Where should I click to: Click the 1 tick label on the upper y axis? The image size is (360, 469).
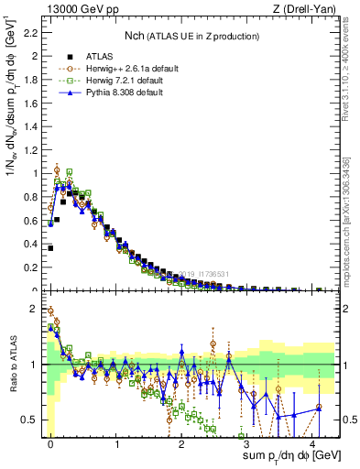(x=35, y=172)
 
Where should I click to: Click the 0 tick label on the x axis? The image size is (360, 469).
(x=50, y=443)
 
